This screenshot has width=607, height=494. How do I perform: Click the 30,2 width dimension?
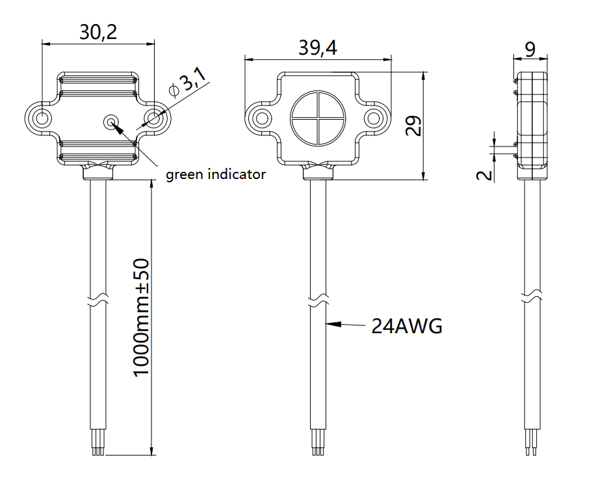tap(98, 33)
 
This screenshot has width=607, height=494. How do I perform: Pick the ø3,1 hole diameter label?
tap(187, 84)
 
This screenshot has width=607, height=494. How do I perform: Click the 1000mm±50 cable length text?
tap(141, 317)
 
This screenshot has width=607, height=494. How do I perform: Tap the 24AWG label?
tap(407, 325)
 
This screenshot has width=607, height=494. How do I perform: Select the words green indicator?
tap(216, 174)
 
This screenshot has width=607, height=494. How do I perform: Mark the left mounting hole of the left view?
tap(42, 118)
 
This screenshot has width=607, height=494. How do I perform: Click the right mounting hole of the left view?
tap(153, 118)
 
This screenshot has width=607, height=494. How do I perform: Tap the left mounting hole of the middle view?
tap(263, 118)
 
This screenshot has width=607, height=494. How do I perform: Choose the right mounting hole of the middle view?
tap(374, 118)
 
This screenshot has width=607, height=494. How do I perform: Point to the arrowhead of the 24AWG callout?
tap(330, 323)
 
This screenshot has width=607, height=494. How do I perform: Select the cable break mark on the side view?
tap(532, 297)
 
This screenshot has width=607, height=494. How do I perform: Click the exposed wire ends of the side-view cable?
tap(532, 448)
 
